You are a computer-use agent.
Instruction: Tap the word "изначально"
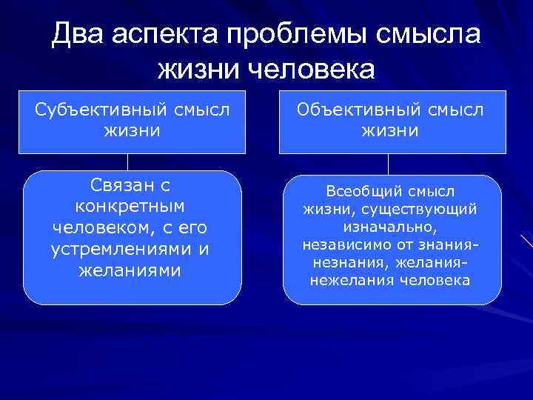[x=389, y=227]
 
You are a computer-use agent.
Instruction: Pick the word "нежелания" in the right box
[x=347, y=281]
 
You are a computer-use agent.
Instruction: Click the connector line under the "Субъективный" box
[x=128, y=161]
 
